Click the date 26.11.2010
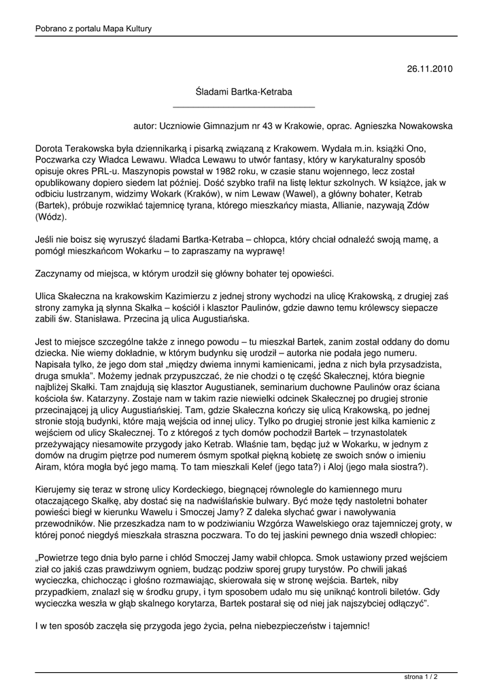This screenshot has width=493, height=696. [x=430, y=69]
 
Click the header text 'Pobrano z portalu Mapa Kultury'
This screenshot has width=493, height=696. [x=93, y=29]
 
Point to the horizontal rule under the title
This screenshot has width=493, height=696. [x=244, y=107]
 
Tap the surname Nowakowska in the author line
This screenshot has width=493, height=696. [x=420, y=126]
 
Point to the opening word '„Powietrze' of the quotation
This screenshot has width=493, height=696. [x=58, y=557]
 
